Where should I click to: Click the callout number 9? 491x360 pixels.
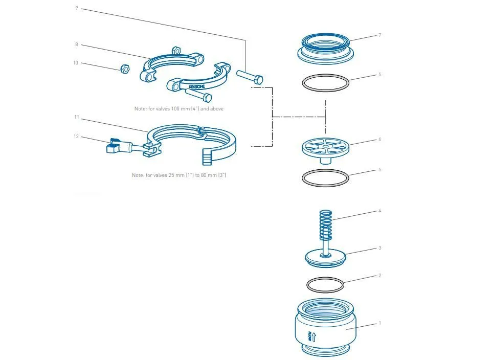pyautogui.click(x=77, y=8)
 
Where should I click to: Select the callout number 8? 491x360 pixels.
pyautogui.click(x=77, y=44)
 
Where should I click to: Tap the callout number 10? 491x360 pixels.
pyautogui.click(x=76, y=63)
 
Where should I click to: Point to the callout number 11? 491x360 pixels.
pyautogui.click(x=77, y=117)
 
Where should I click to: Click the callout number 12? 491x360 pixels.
pyautogui.click(x=76, y=137)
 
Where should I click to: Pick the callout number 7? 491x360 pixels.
pyautogui.click(x=380, y=35)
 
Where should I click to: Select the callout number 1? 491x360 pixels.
pyautogui.click(x=380, y=323)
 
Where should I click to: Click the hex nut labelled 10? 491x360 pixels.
pyautogui.click(x=125, y=69)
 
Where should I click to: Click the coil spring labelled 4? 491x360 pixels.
pyautogui.click(x=326, y=226)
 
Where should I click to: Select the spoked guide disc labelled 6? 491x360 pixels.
pyautogui.click(x=326, y=150)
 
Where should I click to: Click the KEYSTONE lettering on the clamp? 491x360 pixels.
pyautogui.click(x=197, y=86)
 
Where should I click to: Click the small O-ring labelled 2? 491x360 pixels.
pyautogui.click(x=325, y=285)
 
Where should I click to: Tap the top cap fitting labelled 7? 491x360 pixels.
pyautogui.click(x=326, y=49)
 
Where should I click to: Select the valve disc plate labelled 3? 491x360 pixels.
pyautogui.click(x=326, y=258)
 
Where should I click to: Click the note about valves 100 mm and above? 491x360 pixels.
pyautogui.click(x=179, y=108)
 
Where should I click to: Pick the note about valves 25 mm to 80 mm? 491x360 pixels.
pyautogui.click(x=179, y=175)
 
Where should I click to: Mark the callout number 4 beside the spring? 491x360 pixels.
pyautogui.click(x=380, y=211)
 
